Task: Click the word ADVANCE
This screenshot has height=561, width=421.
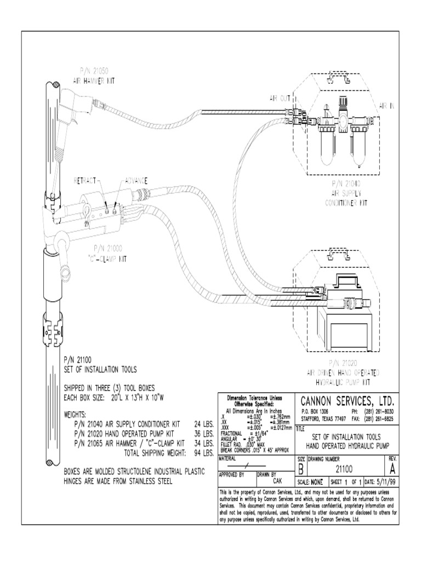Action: (136, 181)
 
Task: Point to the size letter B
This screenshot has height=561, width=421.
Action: (301, 469)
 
